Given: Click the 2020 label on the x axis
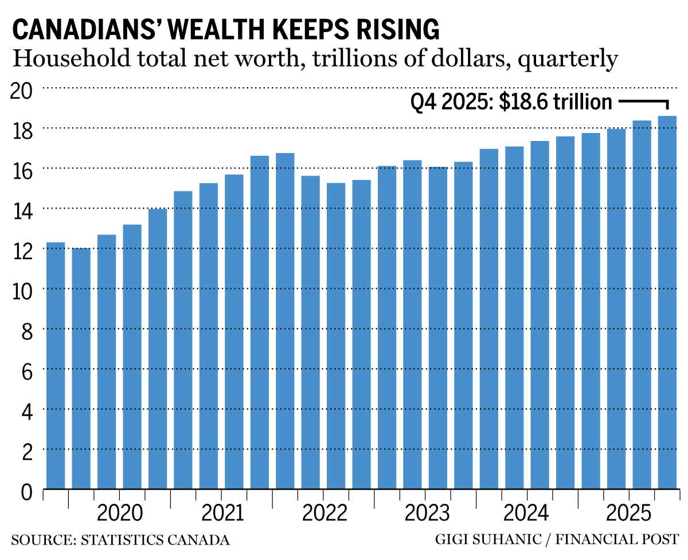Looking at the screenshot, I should [119, 512].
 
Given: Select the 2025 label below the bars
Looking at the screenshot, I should [629, 512].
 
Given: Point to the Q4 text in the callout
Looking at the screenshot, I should [424, 103].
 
